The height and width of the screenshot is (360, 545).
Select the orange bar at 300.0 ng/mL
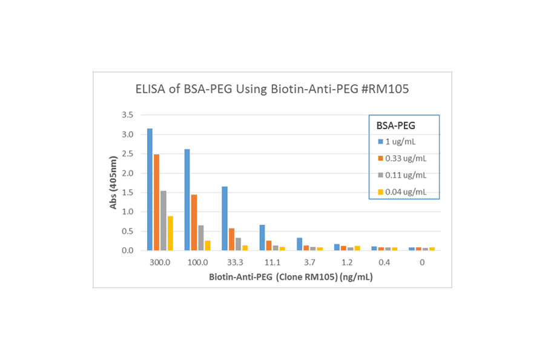tap(156, 202)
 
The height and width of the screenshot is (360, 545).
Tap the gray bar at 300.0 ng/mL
tap(163, 221)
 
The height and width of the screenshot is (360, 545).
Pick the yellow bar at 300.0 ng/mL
tap(170, 233)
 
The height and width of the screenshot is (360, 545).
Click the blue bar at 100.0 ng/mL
tap(187, 200)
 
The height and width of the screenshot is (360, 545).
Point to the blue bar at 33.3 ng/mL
tap(225, 218)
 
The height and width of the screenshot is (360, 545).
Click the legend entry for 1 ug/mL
tap(400, 141)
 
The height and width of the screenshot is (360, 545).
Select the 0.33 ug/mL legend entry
tap(403, 158)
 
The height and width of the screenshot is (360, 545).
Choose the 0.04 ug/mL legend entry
tap(403, 192)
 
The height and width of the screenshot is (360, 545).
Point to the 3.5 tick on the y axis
tap(127, 115)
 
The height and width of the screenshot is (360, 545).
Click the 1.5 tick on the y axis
tap(127, 192)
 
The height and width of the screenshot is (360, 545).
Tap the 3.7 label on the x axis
tap(309, 262)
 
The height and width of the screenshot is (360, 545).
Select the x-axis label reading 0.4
tap(385, 262)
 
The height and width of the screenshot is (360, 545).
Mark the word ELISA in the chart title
tap(148, 89)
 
